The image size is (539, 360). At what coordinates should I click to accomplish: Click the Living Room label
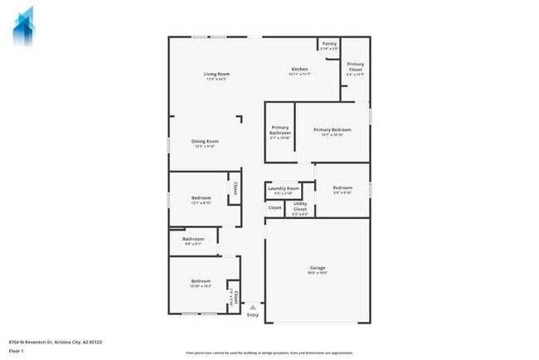[x=216, y=74]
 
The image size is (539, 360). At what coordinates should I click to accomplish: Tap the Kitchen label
[x=299, y=69]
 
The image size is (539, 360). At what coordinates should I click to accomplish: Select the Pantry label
[x=329, y=43]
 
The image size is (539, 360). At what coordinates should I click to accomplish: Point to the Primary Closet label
[x=356, y=66]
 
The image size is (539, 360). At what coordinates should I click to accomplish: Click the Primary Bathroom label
[x=279, y=130]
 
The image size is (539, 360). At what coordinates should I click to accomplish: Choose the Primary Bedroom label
[x=332, y=129]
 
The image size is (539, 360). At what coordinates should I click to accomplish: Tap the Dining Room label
[x=205, y=141]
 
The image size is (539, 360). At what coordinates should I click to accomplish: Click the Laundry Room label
[x=284, y=188]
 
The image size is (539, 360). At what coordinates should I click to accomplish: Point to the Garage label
[x=317, y=267]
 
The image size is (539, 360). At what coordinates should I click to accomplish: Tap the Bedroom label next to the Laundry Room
[x=342, y=188]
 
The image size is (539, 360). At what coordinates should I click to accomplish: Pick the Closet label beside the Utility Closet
[x=274, y=207]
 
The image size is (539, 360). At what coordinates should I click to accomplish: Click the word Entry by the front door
[x=253, y=315]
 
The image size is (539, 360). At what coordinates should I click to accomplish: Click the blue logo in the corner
[x=24, y=26]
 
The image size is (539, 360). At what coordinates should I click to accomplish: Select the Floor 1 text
[x=16, y=351]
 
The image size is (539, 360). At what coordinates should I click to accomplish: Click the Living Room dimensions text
[x=216, y=79]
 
